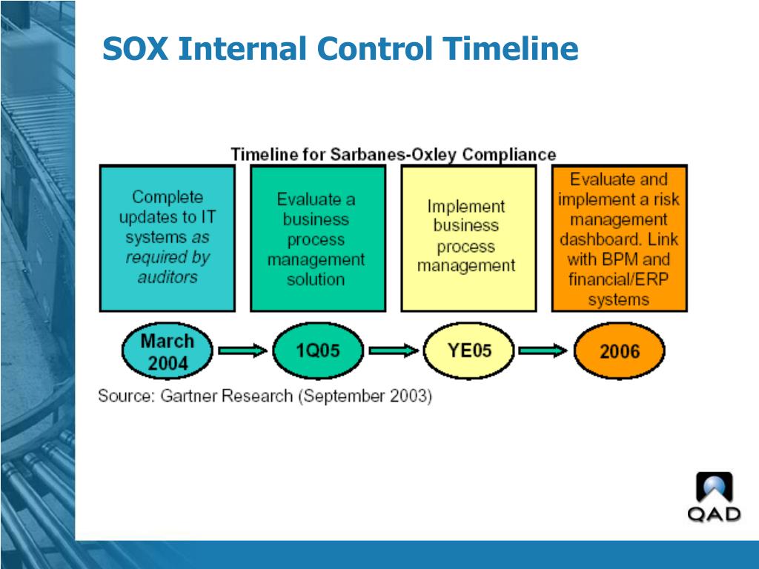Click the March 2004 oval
click(x=167, y=352)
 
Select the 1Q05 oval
click(x=317, y=350)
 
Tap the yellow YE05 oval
click(x=468, y=350)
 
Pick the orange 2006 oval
click(x=619, y=351)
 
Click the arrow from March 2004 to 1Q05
click(x=242, y=351)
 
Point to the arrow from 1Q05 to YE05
click(x=393, y=351)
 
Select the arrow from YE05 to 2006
click(x=543, y=351)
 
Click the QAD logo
click(x=714, y=497)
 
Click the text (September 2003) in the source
click(x=365, y=396)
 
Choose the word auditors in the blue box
click(x=168, y=277)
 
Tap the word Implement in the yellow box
click(x=465, y=207)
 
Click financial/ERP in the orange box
click(x=618, y=279)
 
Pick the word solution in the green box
click(x=316, y=280)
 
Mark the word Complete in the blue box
click(x=168, y=197)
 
